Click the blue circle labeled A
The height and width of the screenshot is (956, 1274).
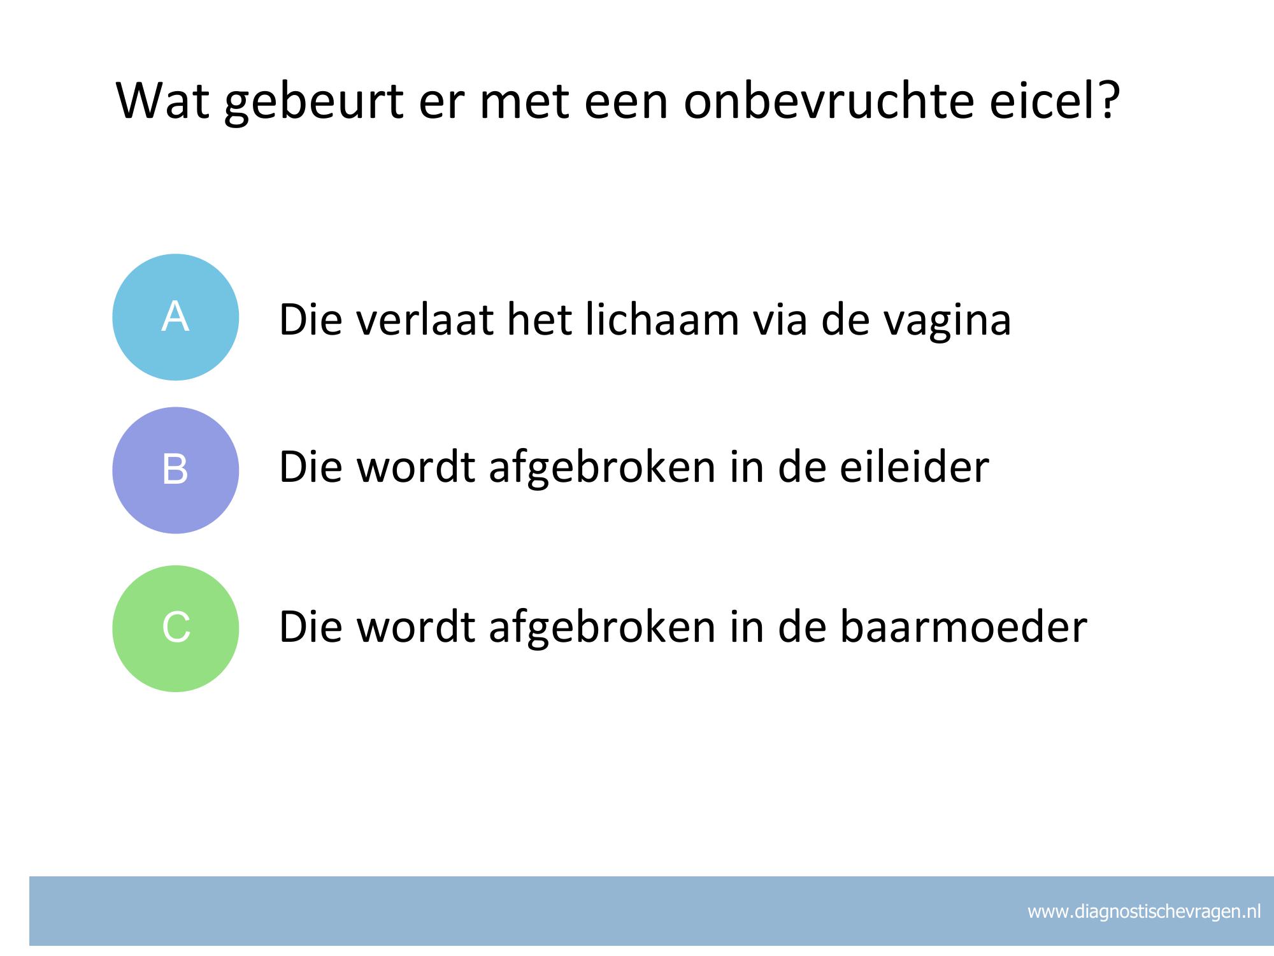tap(176, 317)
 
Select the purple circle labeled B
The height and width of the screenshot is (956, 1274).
tap(176, 470)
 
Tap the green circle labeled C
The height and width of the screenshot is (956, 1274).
tap(176, 628)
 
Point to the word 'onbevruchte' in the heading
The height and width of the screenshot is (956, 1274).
tap(829, 100)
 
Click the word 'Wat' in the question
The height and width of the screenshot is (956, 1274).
tap(163, 100)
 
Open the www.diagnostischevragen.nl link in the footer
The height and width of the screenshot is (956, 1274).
tap(1144, 912)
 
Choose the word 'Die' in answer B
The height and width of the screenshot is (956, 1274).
tap(310, 466)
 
